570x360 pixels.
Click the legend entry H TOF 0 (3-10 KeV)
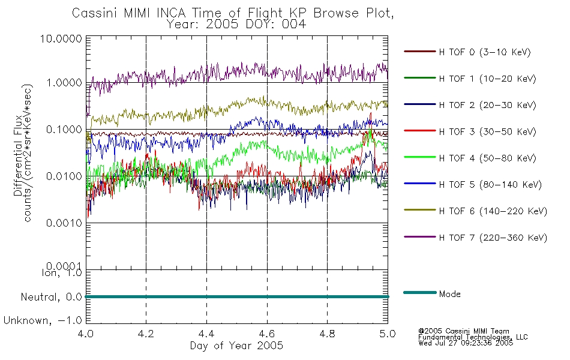[467, 52]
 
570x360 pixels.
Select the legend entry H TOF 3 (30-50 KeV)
[470, 131]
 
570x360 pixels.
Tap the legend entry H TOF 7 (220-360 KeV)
[475, 238]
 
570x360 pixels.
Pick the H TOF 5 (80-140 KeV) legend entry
[473, 185]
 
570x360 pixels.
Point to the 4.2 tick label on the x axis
[146, 334]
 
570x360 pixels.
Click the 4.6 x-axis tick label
[267, 334]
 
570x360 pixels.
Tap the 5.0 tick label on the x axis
[388, 334]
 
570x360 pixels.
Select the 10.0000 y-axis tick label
[61, 38]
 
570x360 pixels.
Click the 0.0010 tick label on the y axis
[64, 223]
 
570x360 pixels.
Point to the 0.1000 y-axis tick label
[64, 130]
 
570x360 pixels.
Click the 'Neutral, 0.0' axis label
[51, 297]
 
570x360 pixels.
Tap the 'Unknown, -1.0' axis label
[43, 320]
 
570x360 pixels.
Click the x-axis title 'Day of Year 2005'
[236, 346]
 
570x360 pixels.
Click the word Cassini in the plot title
[95, 13]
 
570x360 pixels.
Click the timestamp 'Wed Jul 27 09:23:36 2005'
[466, 343]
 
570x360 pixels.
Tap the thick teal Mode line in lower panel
[237, 297]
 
